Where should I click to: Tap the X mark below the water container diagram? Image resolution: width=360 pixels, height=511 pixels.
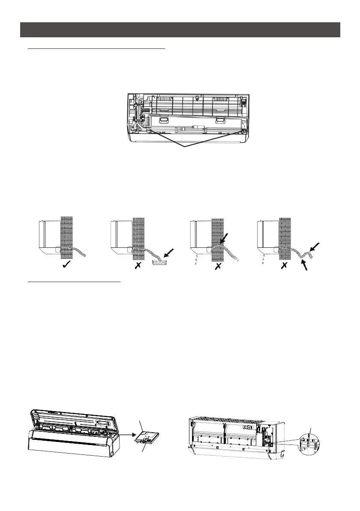(x=138, y=266)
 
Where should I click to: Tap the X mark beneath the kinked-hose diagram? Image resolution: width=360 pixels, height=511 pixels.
(x=284, y=266)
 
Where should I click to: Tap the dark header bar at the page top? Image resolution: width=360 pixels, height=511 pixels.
(x=180, y=30)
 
